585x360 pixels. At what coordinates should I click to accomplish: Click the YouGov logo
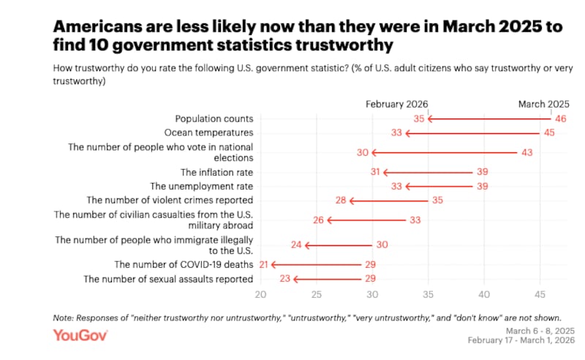coord(80,335)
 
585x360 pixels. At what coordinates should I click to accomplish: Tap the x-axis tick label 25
coord(316,295)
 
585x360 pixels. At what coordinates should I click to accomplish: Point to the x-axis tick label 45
coord(540,295)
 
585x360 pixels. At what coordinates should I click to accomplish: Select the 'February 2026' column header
coord(397,104)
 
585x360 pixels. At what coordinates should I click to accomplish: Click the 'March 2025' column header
coord(543,104)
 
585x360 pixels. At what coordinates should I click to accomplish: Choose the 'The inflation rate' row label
coord(217,173)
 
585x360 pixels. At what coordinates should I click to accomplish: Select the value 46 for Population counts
coord(561,119)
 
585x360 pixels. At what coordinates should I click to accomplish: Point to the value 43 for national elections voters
coord(526,152)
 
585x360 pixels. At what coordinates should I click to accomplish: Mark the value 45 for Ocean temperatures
coord(549,133)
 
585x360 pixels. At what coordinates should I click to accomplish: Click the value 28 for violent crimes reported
coord(340,200)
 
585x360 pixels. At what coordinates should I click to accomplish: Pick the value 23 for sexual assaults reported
coord(284,279)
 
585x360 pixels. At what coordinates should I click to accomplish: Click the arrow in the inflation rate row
coord(427,173)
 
